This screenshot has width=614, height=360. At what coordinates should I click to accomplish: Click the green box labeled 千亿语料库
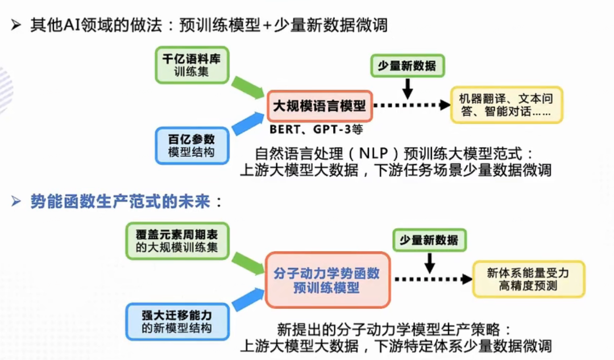coord(192,65)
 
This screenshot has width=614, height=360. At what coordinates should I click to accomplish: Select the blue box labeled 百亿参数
coord(192,146)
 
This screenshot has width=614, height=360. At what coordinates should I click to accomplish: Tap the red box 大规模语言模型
coord(320,106)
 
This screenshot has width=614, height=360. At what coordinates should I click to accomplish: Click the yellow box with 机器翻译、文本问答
coord(506,105)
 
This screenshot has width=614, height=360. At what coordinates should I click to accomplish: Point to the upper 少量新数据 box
coord(407,66)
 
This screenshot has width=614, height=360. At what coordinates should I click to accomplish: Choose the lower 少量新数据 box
coord(429,240)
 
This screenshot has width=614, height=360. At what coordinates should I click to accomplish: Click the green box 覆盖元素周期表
coord(177,241)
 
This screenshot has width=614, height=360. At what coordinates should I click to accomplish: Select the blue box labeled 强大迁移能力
coord(177,321)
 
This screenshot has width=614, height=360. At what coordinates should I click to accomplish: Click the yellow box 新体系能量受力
coord(528,279)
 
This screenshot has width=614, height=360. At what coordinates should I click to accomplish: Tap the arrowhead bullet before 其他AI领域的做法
coord(16,26)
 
